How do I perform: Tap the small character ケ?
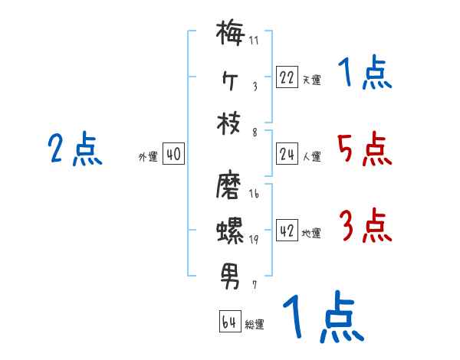(229, 79)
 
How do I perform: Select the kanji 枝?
(229, 123)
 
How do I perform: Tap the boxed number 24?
(287, 154)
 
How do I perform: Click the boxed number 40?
(173, 154)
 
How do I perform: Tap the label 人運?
(311, 156)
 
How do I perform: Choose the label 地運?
(311, 233)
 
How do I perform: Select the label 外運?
(148, 156)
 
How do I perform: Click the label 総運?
(255, 324)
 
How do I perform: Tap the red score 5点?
(364, 149)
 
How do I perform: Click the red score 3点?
(365, 226)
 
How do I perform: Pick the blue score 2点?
(75, 149)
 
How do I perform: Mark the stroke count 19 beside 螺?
(254, 240)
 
